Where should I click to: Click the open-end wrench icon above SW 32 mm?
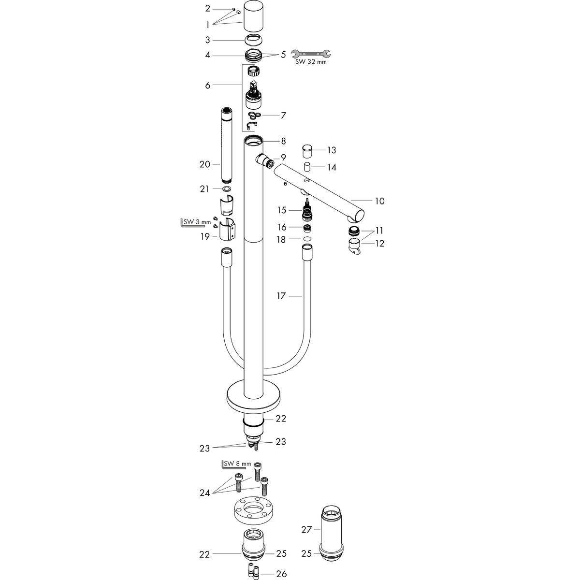coord(313,55)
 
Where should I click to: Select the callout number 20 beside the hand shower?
coord(204,164)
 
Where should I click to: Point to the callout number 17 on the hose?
coord(282,295)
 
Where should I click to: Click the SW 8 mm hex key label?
coord(236,464)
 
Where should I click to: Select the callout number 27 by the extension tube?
coord(307,529)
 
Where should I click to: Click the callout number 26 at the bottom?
coord(282,574)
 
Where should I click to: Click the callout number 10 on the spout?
coord(380,201)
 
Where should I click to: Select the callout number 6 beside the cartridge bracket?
coord(208,86)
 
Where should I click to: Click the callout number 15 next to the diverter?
coord(282,210)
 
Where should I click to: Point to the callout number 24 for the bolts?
coord(204,493)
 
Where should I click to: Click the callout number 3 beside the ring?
coord(208,40)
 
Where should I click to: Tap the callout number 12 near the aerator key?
coord(380,244)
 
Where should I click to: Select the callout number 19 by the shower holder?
coord(204,236)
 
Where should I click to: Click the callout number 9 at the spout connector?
coord(283,157)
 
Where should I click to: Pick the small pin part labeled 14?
coord(306,167)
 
